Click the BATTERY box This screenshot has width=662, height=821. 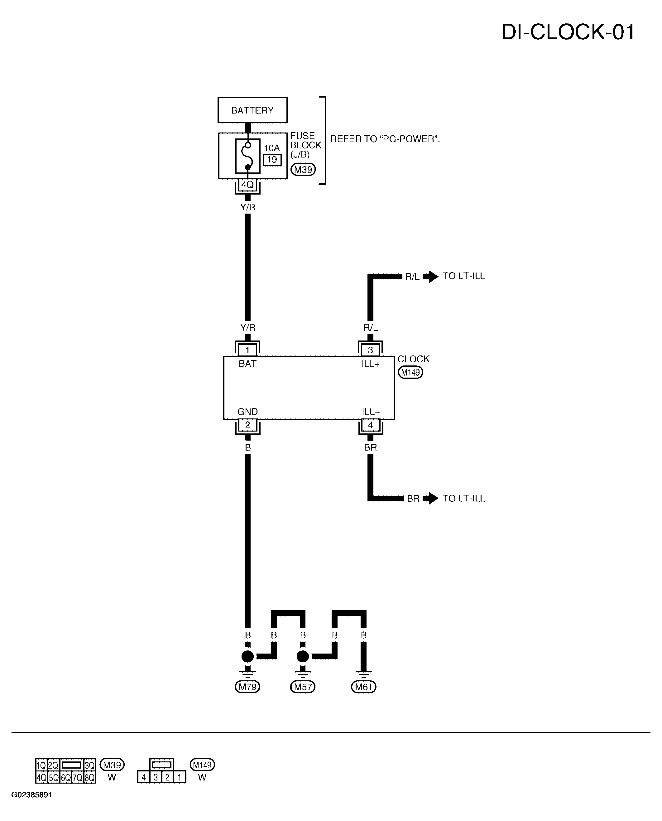(252, 110)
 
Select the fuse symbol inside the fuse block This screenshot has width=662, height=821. (248, 156)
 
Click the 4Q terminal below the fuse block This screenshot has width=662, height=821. (247, 185)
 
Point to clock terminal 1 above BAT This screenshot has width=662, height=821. (247, 350)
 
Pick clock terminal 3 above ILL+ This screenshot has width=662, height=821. (370, 350)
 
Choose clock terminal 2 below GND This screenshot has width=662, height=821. (247, 425)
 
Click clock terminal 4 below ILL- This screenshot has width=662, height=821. (370, 425)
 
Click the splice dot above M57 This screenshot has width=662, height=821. (303, 657)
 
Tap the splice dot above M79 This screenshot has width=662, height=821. (247, 657)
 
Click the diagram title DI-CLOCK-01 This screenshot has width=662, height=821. (568, 32)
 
